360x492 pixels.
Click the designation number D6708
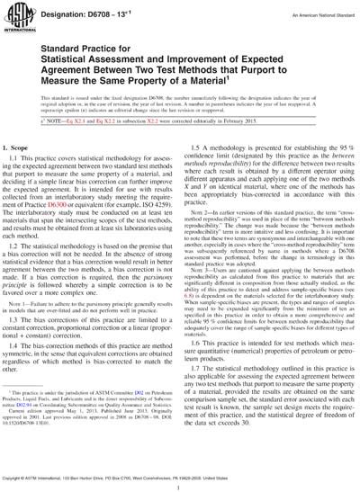pos(102,9)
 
